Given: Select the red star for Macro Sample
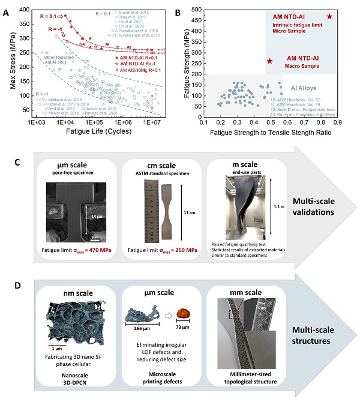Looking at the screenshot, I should pos(269,61).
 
